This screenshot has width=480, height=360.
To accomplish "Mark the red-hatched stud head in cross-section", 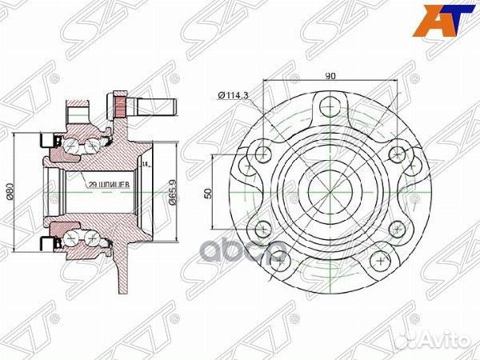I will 122,105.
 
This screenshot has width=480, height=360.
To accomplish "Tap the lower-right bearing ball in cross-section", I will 93,239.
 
